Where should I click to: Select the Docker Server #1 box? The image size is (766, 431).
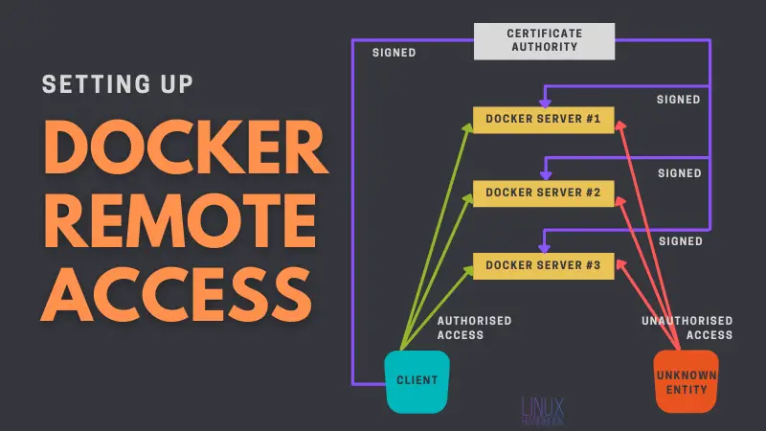coord(543,120)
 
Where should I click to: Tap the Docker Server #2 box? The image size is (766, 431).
coord(543,193)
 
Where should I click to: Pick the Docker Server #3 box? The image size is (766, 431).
coord(543,264)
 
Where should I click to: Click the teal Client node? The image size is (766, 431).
coord(417,380)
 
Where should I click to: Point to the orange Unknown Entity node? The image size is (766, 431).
coord(686,380)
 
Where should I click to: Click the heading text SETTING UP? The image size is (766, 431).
coord(119,83)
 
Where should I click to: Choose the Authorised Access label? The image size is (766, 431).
coord(474,328)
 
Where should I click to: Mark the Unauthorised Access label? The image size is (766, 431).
coord(687,328)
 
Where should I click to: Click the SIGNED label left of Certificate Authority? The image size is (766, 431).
coord(394,53)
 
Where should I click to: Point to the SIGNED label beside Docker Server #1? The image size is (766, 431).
coord(679,99)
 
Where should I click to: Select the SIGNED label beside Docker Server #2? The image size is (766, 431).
coord(679,173)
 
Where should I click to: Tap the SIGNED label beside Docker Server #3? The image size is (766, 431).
coord(679,241)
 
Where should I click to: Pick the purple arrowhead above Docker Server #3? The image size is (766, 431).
coord(544,246)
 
